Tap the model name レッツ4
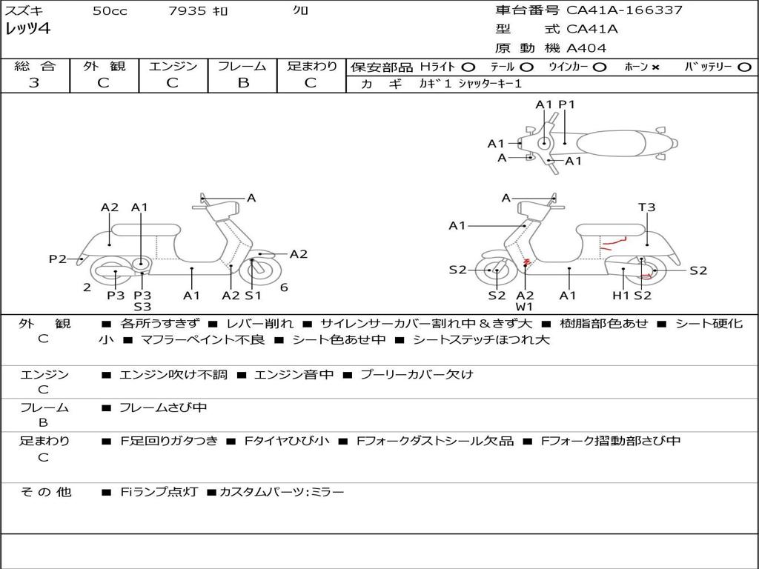point(27,30)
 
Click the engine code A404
point(586,48)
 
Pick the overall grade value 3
point(34,82)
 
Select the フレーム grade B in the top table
point(242,82)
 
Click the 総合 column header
point(34,66)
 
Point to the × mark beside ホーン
point(655,67)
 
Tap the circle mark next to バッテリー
point(743,67)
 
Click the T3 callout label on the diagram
point(646,207)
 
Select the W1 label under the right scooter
point(525,306)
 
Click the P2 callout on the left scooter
point(58,259)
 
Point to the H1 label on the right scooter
point(620,296)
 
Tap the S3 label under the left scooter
point(142,306)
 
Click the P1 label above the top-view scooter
point(566,104)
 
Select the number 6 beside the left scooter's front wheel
point(284,287)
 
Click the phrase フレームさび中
point(163,407)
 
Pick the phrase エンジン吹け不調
point(173,374)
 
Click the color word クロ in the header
point(301,11)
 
